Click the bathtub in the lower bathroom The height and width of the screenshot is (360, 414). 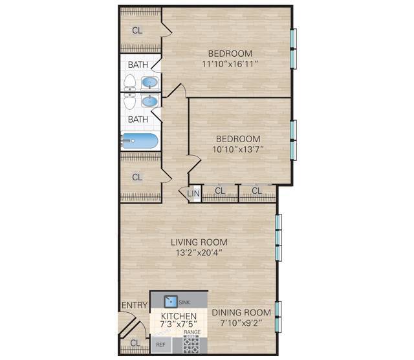click(x=140, y=141)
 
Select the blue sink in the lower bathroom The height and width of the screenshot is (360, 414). click(x=149, y=101)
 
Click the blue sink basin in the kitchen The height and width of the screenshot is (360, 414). click(x=170, y=302)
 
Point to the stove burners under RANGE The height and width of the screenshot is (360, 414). click(x=191, y=344)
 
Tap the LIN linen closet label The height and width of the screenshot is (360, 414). click(x=193, y=193)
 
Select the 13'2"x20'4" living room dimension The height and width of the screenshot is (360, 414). click(x=199, y=253)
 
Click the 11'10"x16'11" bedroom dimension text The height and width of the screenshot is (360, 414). click(x=230, y=64)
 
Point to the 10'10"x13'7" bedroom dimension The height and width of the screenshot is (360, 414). click(x=238, y=149)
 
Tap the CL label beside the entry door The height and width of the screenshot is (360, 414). click(x=135, y=343)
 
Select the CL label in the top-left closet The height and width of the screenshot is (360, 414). click(x=137, y=30)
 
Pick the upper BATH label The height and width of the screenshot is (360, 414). click(x=137, y=65)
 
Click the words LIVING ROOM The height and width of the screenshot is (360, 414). click(x=199, y=242)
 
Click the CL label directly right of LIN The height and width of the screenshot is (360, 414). click(x=220, y=191)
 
